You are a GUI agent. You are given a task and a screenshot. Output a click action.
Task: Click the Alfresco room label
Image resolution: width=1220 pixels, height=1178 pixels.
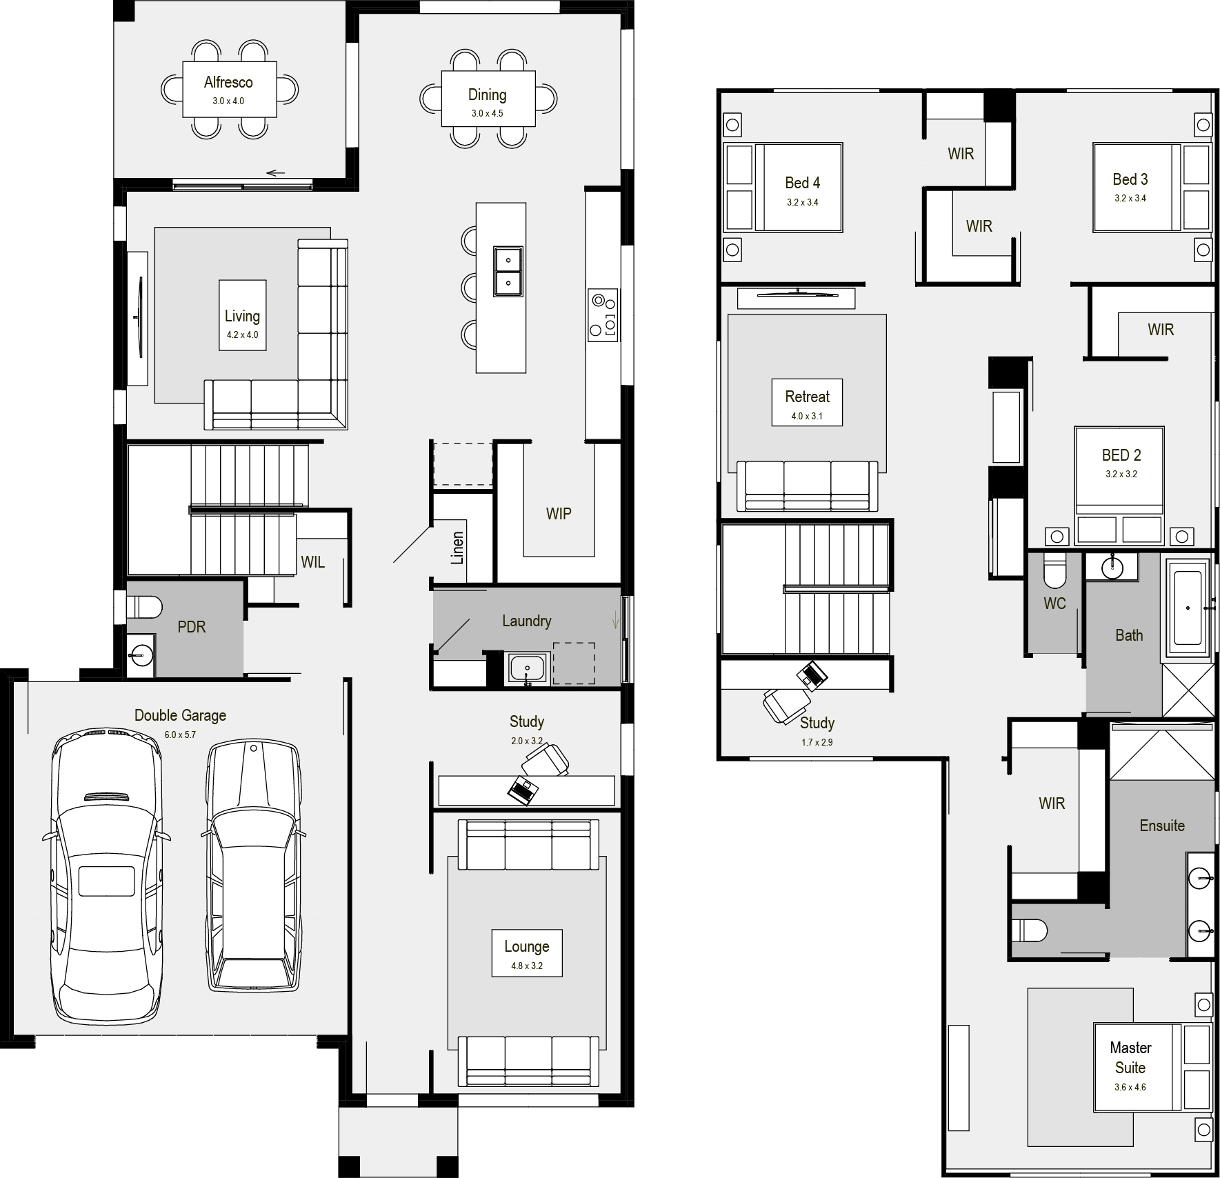point(228,83)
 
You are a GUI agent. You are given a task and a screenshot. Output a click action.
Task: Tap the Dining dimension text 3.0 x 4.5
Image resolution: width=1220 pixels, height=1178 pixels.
point(488,114)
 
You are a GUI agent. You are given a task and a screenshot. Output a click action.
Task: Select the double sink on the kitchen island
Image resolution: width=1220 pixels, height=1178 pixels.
point(508,271)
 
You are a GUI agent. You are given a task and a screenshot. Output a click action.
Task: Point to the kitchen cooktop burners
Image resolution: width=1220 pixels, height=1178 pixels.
point(603,315)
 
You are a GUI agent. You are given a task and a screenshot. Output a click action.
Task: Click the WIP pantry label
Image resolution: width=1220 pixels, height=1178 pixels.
point(559,514)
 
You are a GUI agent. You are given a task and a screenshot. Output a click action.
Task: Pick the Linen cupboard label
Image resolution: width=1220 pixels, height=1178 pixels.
point(457,548)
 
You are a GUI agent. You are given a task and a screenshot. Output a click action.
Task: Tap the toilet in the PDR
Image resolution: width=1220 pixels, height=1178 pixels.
point(143,607)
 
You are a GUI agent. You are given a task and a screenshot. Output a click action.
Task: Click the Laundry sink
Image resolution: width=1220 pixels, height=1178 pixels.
point(528,669)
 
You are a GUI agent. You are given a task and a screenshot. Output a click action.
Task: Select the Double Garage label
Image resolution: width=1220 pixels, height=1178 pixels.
point(180,715)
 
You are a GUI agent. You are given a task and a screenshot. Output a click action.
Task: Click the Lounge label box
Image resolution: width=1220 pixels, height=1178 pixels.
point(527,952)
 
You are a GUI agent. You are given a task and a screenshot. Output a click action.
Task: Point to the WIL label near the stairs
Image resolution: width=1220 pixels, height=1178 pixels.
point(312,562)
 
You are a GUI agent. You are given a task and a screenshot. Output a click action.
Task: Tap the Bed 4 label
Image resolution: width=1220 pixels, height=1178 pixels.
point(803,183)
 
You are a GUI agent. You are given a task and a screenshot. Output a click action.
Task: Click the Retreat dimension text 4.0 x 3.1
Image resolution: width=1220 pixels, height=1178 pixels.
point(807,417)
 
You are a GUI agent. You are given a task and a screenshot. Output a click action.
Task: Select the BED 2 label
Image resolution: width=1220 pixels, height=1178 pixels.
point(1121,455)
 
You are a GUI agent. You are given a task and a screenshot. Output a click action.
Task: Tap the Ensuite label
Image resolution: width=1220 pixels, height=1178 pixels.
point(1162,826)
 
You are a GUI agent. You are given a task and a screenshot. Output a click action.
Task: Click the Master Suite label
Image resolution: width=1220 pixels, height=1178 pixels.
point(1130,1057)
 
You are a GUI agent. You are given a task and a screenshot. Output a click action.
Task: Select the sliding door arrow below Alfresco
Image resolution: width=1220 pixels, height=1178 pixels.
point(275,173)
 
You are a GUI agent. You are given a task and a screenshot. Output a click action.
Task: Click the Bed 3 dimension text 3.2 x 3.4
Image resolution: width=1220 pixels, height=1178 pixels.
point(1130,199)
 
